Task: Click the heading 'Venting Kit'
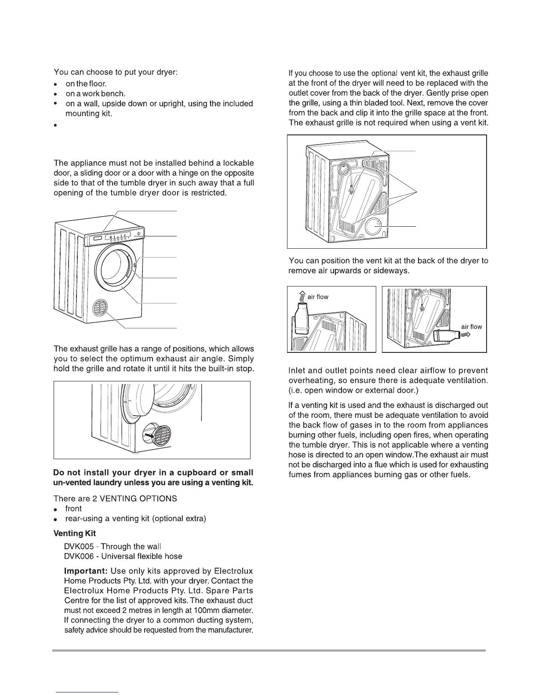(74, 533)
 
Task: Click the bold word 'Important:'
(86, 571)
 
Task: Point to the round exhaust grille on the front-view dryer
(102, 308)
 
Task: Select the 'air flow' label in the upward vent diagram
(318, 297)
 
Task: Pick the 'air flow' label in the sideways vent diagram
(471, 326)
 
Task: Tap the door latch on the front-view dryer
(134, 265)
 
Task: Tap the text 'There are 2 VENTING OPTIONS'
(115, 499)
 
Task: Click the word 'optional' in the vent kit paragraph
(385, 73)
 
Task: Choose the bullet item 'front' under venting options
(73, 509)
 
